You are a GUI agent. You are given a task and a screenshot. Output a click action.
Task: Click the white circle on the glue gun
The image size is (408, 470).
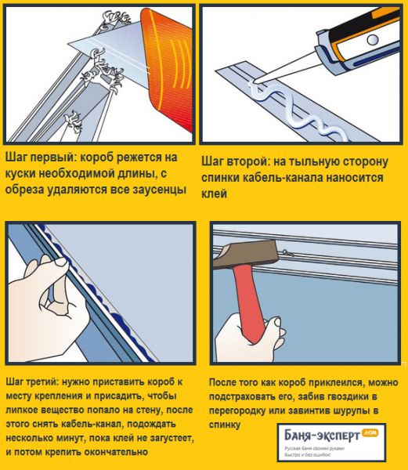(373, 40)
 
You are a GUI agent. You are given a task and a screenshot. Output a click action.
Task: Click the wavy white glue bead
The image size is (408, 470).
(297, 111)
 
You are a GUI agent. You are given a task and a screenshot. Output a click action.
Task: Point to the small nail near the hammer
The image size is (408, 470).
(288, 253)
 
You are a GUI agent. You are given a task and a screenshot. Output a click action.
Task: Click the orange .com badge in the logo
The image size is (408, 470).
(370, 432)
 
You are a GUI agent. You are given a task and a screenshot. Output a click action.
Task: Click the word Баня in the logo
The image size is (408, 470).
(297, 436)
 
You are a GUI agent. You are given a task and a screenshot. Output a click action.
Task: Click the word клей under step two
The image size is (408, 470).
(215, 194)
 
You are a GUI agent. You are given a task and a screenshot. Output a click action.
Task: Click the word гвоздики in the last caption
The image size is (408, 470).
(345, 396)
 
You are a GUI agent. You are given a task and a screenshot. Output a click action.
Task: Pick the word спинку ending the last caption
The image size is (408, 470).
(225, 425)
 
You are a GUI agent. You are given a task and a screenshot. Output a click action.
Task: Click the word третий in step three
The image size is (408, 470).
(45, 382)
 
